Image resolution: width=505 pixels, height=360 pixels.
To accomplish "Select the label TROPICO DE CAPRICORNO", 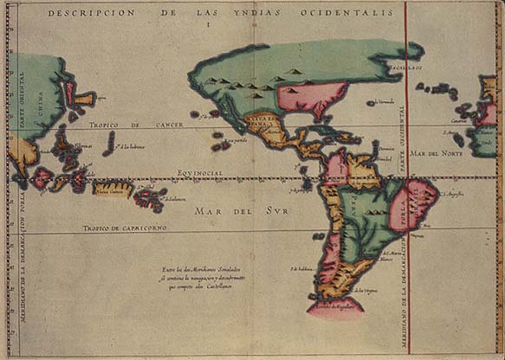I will click(125, 228).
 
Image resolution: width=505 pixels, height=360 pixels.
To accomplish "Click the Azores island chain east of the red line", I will click(438, 90).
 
